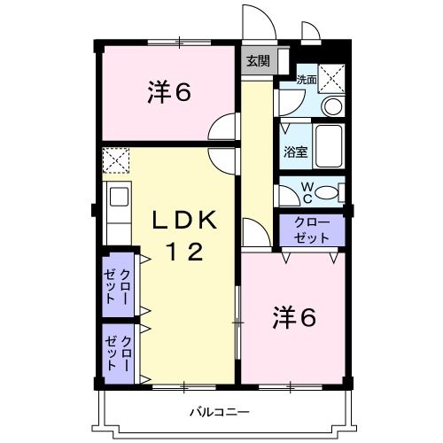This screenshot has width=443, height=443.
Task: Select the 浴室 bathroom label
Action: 295,151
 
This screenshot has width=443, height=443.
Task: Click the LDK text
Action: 186,220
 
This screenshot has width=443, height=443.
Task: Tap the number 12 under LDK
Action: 186,253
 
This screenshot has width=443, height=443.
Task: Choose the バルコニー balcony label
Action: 219,412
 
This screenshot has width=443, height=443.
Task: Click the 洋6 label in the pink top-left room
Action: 169,92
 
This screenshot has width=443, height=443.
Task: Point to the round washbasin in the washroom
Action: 331,107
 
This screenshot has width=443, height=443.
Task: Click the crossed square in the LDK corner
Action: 116,160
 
